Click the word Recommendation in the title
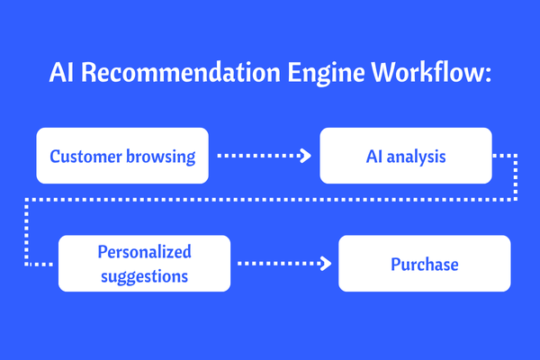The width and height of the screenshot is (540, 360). (181, 72)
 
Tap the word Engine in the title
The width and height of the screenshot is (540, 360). (326, 74)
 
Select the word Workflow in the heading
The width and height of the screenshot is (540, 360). (427, 72)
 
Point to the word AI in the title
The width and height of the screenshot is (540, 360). (61, 72)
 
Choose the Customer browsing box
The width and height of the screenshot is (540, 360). (122, 156)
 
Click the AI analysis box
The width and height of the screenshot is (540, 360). (406, 156)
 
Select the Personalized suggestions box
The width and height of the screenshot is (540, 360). (144, 264)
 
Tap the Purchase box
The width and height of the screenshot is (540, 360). (425, 264)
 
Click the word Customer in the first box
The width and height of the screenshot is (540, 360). (86, 157)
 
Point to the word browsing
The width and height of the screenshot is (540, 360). (161, 157)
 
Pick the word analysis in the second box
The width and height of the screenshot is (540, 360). (417, 157)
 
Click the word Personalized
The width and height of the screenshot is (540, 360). (144, 251)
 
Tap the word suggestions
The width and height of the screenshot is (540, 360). (144, 276)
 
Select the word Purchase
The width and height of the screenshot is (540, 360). (425, 265)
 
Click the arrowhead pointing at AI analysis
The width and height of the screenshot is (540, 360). (306, 156)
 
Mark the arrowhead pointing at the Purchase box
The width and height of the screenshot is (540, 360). (326, 264)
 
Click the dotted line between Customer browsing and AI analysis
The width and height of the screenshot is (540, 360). (264, 156)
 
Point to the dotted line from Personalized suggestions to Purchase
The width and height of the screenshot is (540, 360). (284, 264)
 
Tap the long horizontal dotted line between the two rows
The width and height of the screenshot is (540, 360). (271, 200)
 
